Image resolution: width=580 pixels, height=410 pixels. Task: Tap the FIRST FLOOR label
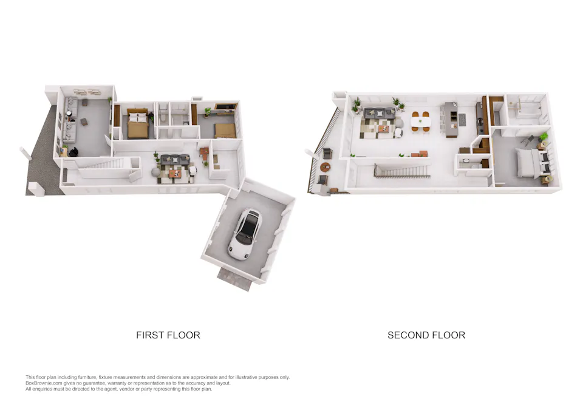(x=168, y=335)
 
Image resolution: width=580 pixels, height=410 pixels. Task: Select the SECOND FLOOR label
(x=426, y=335)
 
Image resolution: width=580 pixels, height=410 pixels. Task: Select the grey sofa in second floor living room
(x=379, y=112)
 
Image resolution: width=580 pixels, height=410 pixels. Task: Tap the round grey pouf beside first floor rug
(x=156, y=173)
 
